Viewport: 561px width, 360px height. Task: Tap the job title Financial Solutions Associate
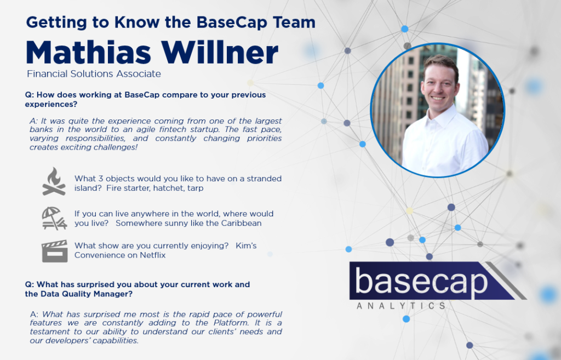(94, 74)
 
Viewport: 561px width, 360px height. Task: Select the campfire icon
(54, 181)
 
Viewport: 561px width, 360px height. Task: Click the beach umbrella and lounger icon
(54, 218)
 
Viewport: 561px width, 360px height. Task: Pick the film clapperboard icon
(55, 251)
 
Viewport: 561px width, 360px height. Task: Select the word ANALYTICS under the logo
(401, 306)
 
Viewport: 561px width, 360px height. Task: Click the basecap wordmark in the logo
(421, 281)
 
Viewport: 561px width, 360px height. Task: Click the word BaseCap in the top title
(232, 22)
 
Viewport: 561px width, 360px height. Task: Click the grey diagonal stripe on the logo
(506, 281)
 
